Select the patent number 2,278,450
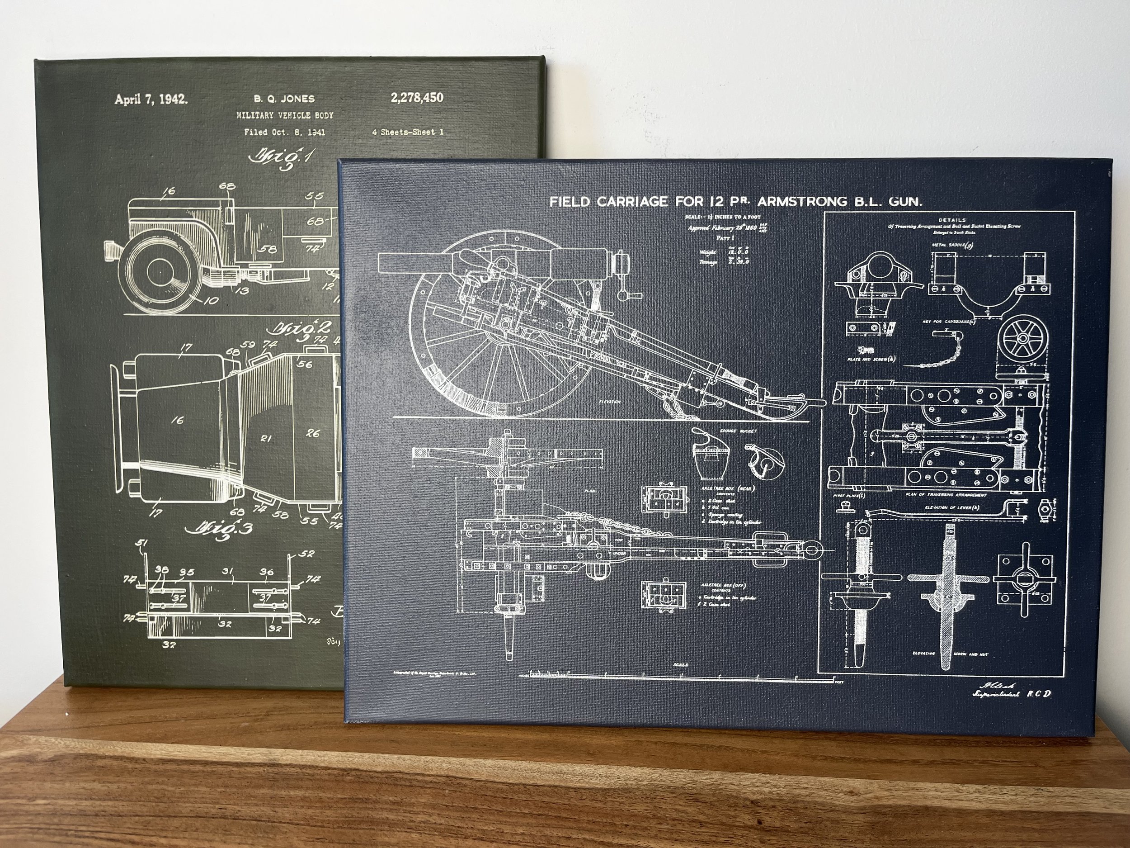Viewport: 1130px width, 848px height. coord(417,98)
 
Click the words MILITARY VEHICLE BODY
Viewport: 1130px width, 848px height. coord(285,115)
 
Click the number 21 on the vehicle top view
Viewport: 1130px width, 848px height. coord(265,437)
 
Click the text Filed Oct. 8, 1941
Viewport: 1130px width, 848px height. coord(284,133)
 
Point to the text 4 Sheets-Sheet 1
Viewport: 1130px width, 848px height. coord(408,132)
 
